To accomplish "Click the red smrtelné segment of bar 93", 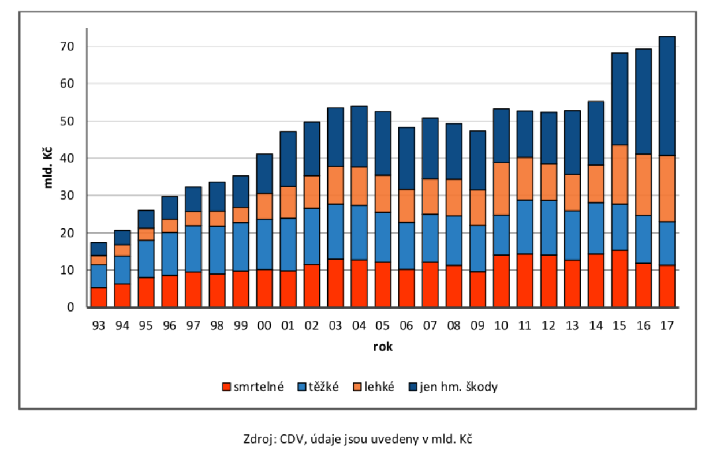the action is (99, 297).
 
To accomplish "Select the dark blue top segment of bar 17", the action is (667, 96).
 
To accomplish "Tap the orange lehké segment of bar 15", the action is (620, 175).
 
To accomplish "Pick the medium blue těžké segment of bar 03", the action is (335, 231).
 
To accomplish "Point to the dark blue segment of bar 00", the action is (264, 174).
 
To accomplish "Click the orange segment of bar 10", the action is (501, 189).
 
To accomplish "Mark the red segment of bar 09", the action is (477, 289).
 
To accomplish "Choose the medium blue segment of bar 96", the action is (170, 254).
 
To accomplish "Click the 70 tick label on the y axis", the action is (67, 47).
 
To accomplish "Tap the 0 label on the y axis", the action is (70, 307).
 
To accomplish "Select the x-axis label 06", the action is (406, 325).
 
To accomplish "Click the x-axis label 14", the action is (596, 325).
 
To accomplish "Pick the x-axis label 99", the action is (241, 325).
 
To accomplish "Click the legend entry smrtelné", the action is (253, 387).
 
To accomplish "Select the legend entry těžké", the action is (318, 387).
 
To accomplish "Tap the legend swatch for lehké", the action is (357, 387).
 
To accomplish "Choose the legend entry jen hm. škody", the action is (453, 387).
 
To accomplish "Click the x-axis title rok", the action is (383, 347).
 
